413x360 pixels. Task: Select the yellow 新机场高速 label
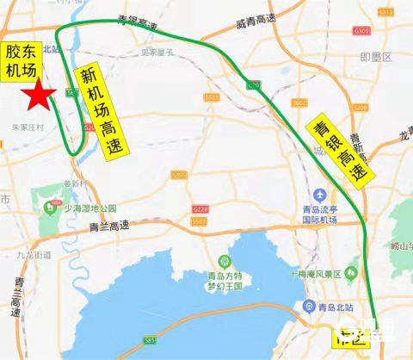101,112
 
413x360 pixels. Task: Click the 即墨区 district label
375,57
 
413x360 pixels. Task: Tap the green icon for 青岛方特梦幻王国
223,260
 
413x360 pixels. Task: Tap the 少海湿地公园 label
89,208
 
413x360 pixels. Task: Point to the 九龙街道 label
34,255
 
